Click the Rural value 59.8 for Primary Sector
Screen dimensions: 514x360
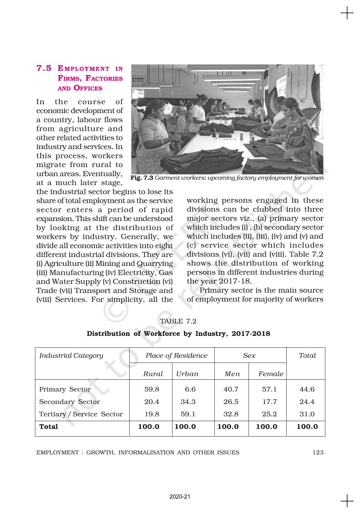[152, 389]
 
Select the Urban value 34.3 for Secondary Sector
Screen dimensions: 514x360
[188, 402]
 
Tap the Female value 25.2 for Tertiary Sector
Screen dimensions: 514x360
[269, 414]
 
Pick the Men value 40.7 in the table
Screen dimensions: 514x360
[231, 389]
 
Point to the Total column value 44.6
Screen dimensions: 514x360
[307, 389]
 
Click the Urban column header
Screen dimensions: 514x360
[187, 374]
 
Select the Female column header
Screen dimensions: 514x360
[271, 374]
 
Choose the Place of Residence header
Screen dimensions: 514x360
[177, 355]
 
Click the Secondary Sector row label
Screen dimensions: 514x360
[69, 402]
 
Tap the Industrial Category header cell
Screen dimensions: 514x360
[71, 355]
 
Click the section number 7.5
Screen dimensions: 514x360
[44, 68]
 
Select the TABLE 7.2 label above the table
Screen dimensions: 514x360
[178, 321]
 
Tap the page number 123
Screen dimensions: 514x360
[318, 452]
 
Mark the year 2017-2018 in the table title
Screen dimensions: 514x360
[251, 333]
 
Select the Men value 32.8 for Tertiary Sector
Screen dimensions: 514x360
[231, 414]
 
